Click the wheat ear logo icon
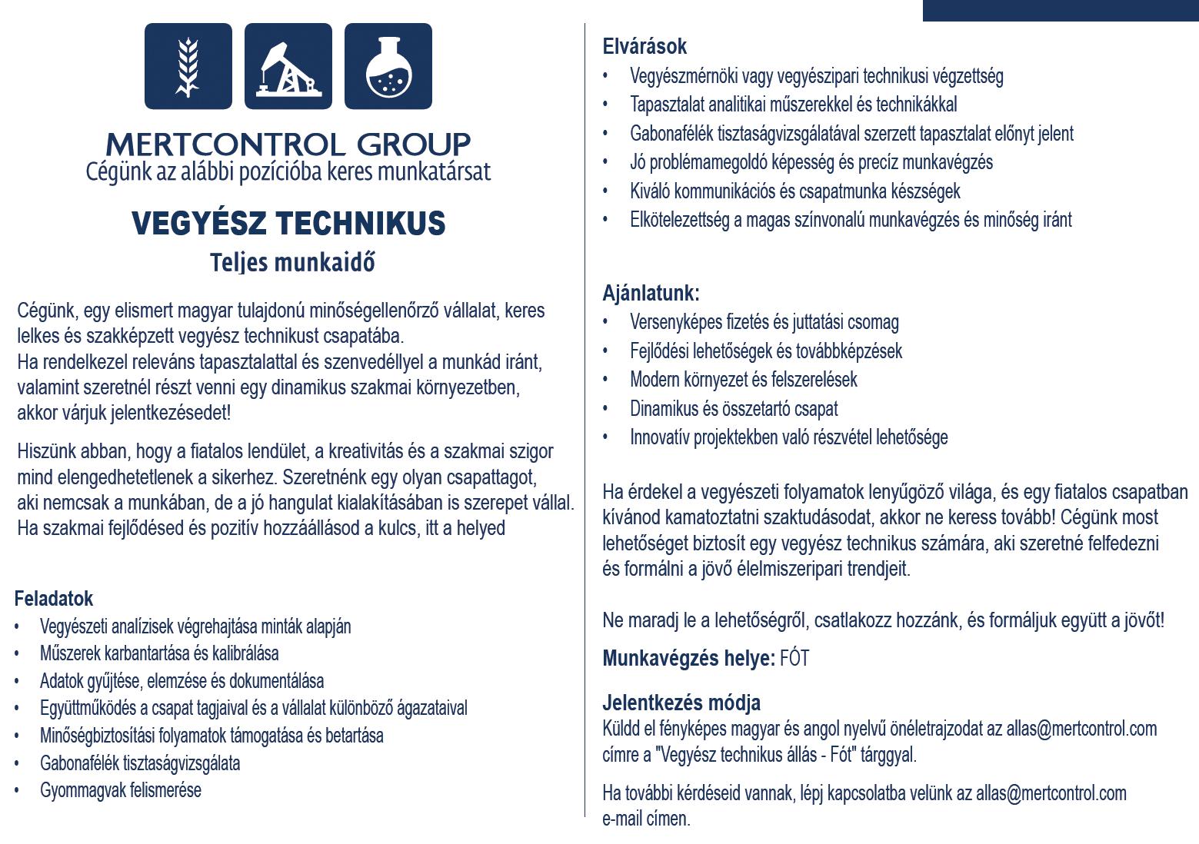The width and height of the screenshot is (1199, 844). click(188, 66)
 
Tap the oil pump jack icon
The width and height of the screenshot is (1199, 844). click(288, 66)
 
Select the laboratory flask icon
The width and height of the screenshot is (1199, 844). click(388, 66)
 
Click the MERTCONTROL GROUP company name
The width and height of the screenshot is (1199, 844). click(288, 144)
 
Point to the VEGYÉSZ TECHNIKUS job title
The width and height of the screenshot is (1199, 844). click(288, 224)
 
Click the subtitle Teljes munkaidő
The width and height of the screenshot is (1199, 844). click(292, 263)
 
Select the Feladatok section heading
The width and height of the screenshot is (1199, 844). click(54, 599)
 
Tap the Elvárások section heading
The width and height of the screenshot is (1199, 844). click(644, 47)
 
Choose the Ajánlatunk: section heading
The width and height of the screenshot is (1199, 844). click(651, 293)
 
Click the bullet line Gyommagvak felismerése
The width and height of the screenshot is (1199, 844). click(121, 790)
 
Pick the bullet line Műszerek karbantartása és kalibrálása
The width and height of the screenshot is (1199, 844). click(159, 653)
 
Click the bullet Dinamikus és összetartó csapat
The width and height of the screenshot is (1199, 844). click(734, 409)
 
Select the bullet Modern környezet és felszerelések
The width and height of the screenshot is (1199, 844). click(743, 380)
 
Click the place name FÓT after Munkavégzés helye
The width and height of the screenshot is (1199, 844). click(794, 659)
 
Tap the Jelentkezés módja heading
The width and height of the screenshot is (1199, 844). click(681, 703)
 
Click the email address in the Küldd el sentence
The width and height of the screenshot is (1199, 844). click(1081, 729)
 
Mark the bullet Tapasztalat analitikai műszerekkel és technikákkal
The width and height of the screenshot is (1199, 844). click(793, 105)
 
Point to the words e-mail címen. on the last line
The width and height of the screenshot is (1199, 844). click(646, 819)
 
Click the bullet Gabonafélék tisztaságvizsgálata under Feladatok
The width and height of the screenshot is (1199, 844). click(140, 763)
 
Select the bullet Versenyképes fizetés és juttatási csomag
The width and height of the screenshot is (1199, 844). click(764, 322)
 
